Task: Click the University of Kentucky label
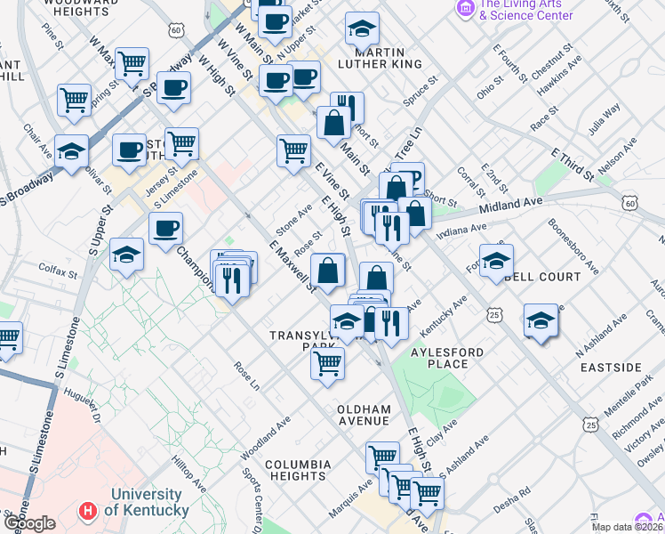[x=148, y=503]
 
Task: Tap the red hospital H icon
[x=87, y=512]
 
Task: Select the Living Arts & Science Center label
[x=525, y=10]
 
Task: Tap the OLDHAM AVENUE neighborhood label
[x=364, y=415]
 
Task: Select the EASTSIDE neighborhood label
[x=611, y=368]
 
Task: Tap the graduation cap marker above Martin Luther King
[x=362, y=30]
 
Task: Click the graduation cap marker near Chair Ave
[x=71, y=151]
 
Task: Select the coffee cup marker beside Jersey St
[x=130, y=150]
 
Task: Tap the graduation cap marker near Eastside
[x=540, y=320]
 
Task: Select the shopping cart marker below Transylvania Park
[x=328, y=362]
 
